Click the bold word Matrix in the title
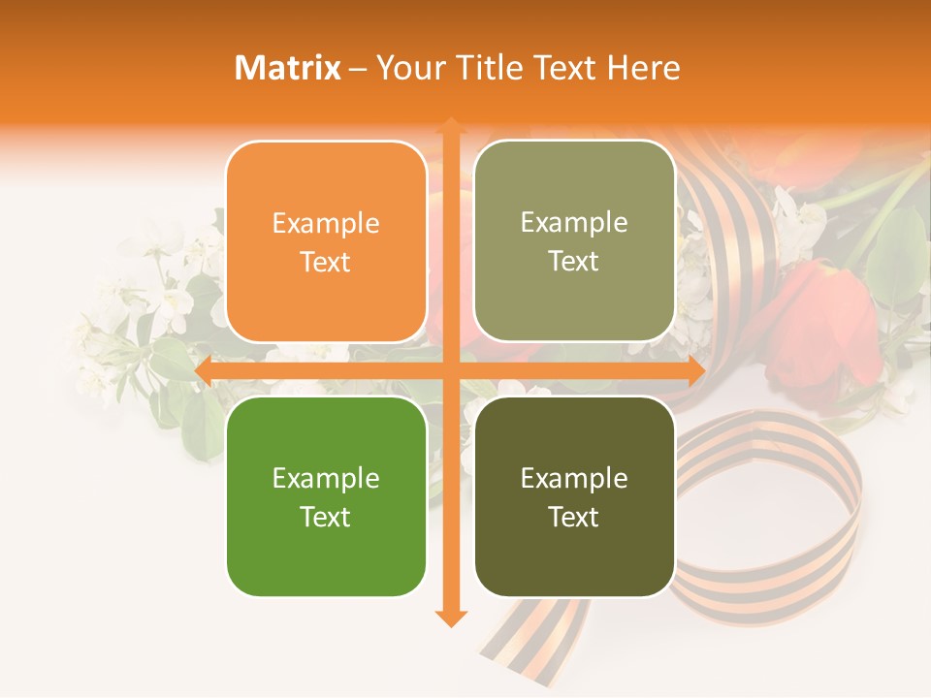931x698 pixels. [x=288, y=68]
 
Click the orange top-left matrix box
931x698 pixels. [x=326, y=241]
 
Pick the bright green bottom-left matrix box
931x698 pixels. [x=326, y=496]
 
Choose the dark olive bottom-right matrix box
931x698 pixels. [x=574, y=496]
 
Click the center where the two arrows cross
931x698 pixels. [x=450, y=371]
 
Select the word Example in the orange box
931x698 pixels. [x=326, y=224]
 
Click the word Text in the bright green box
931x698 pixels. [x=326, y=517]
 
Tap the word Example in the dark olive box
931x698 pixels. [x=574, y=478]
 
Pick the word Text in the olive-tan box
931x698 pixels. [x=574, y=262]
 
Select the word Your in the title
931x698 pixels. [x=408, y=68]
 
